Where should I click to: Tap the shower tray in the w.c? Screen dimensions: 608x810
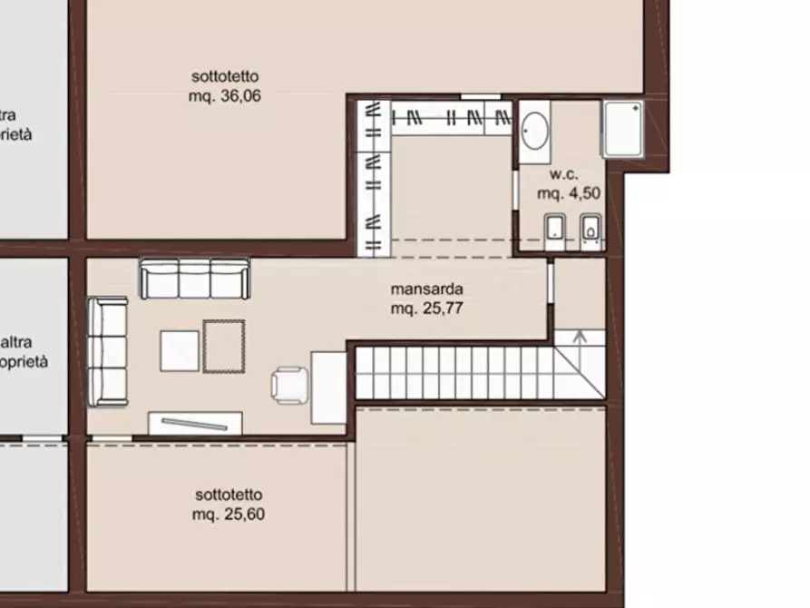(x=623, y=128)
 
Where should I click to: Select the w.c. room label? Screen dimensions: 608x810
(x=562, y=174)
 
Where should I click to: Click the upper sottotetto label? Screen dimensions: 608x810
(x=225, y=76)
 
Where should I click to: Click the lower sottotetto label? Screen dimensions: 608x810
(x=229, y=495)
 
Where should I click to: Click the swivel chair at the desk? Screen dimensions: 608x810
(x=289, y=383)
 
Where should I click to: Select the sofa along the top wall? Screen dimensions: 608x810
(x=194, y=278)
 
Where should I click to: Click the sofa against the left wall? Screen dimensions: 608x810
(x=107, y=351)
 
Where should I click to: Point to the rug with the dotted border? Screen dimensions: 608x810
(x=223, y=346)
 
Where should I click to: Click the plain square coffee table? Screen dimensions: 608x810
(x=180, y=350)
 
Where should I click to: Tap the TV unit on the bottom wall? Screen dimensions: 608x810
(x=195, y=423)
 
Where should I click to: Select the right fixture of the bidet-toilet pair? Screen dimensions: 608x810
(x=590, y=231)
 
